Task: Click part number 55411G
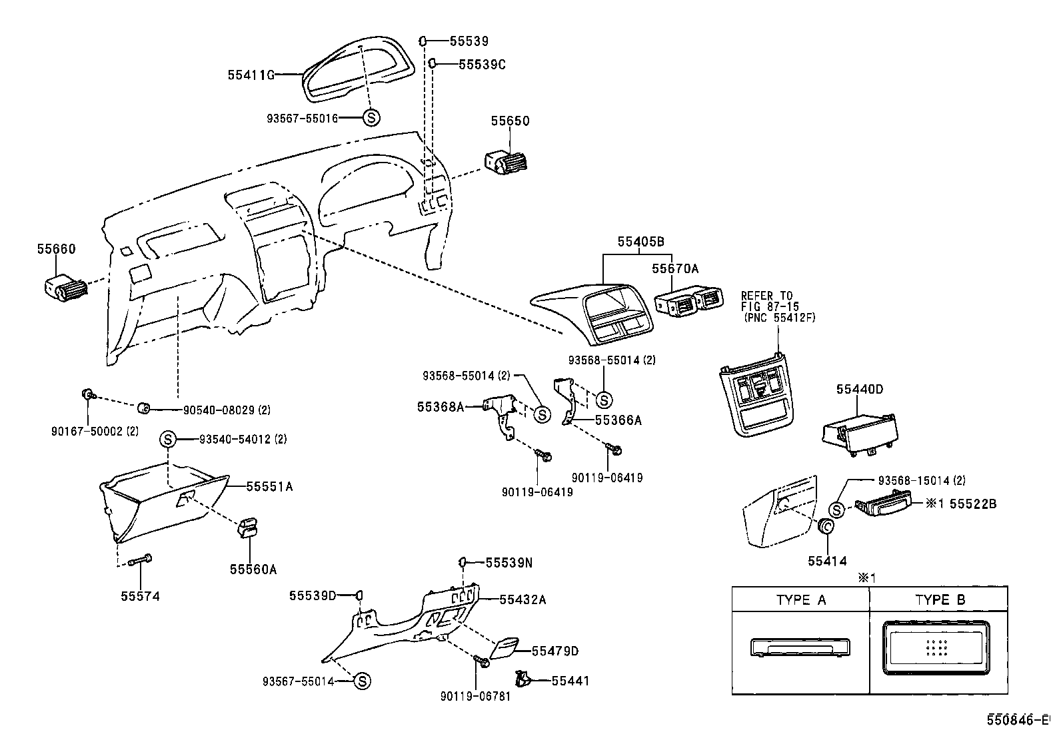tap(251, 75)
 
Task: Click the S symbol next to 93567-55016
tap(372, 118)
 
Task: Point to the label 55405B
tap(640, 242)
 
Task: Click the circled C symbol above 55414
tap(825, 527)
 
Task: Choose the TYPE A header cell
tap(800, 599)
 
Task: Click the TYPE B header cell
tap(939, 599)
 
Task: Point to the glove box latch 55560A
tap(248, 527)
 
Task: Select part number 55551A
tap(269, 487)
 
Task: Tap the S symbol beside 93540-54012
tap(168, 440)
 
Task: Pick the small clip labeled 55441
tap(522, 679)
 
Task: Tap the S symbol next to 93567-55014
tap(361, 681)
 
